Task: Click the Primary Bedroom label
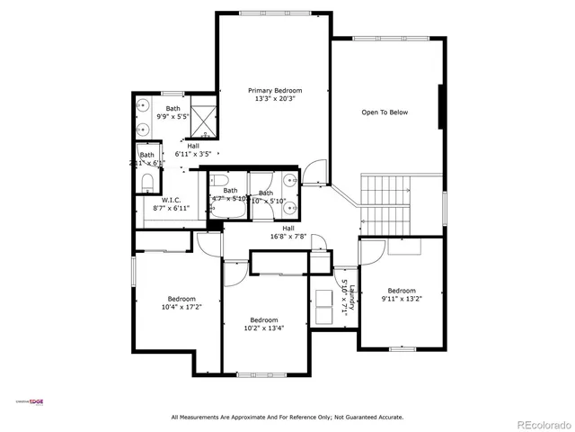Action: [x=275, y=90]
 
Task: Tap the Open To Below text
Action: [x=385, y=112]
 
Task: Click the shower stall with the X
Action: [x=205, y=121]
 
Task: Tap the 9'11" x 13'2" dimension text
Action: [x=402, y=299]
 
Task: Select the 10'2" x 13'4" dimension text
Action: [x=263, y=328]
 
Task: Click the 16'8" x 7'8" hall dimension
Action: [x=289, y=237]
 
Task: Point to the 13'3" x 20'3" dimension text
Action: [x=275, y=99]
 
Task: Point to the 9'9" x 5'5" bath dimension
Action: [x=172, y=117]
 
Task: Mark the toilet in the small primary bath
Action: [x=148, y=183]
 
